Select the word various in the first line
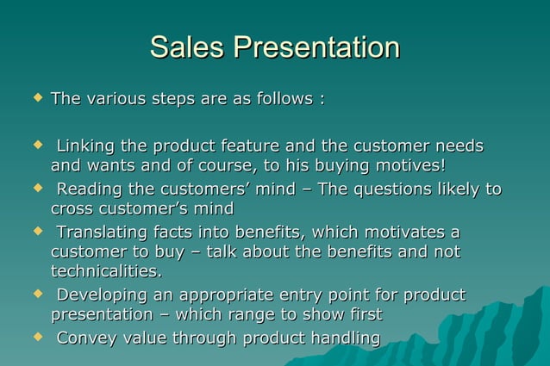[x=116, y=100]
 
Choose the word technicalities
[x=106, y=272]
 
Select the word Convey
[x=84, y=338]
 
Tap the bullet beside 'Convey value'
[x=36, y=338]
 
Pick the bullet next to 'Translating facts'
[x=36, y=232]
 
